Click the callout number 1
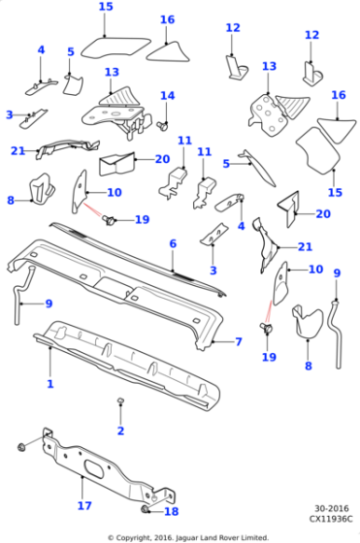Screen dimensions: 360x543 click(50, 384)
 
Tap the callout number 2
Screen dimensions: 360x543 click(120, 431)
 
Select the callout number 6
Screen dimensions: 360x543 click(173, 243)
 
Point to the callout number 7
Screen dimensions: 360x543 click(239, 341)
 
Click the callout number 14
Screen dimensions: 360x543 click(167, 96)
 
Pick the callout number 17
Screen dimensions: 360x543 click(84, 505)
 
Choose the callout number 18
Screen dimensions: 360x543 click(171, 511)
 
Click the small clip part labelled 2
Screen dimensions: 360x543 click(120, 400)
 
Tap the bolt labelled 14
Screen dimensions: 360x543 click(162, 126)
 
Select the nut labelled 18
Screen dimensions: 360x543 click(145, 509)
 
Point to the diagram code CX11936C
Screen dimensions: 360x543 click(331, 519)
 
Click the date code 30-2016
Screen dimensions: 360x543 click(332, 508)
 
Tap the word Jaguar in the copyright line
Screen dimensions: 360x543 click(186, 538)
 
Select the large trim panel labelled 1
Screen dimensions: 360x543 click(127, 366)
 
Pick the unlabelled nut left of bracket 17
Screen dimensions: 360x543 click(21, 447)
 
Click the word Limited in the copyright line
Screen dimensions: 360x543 click(257, 538)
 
